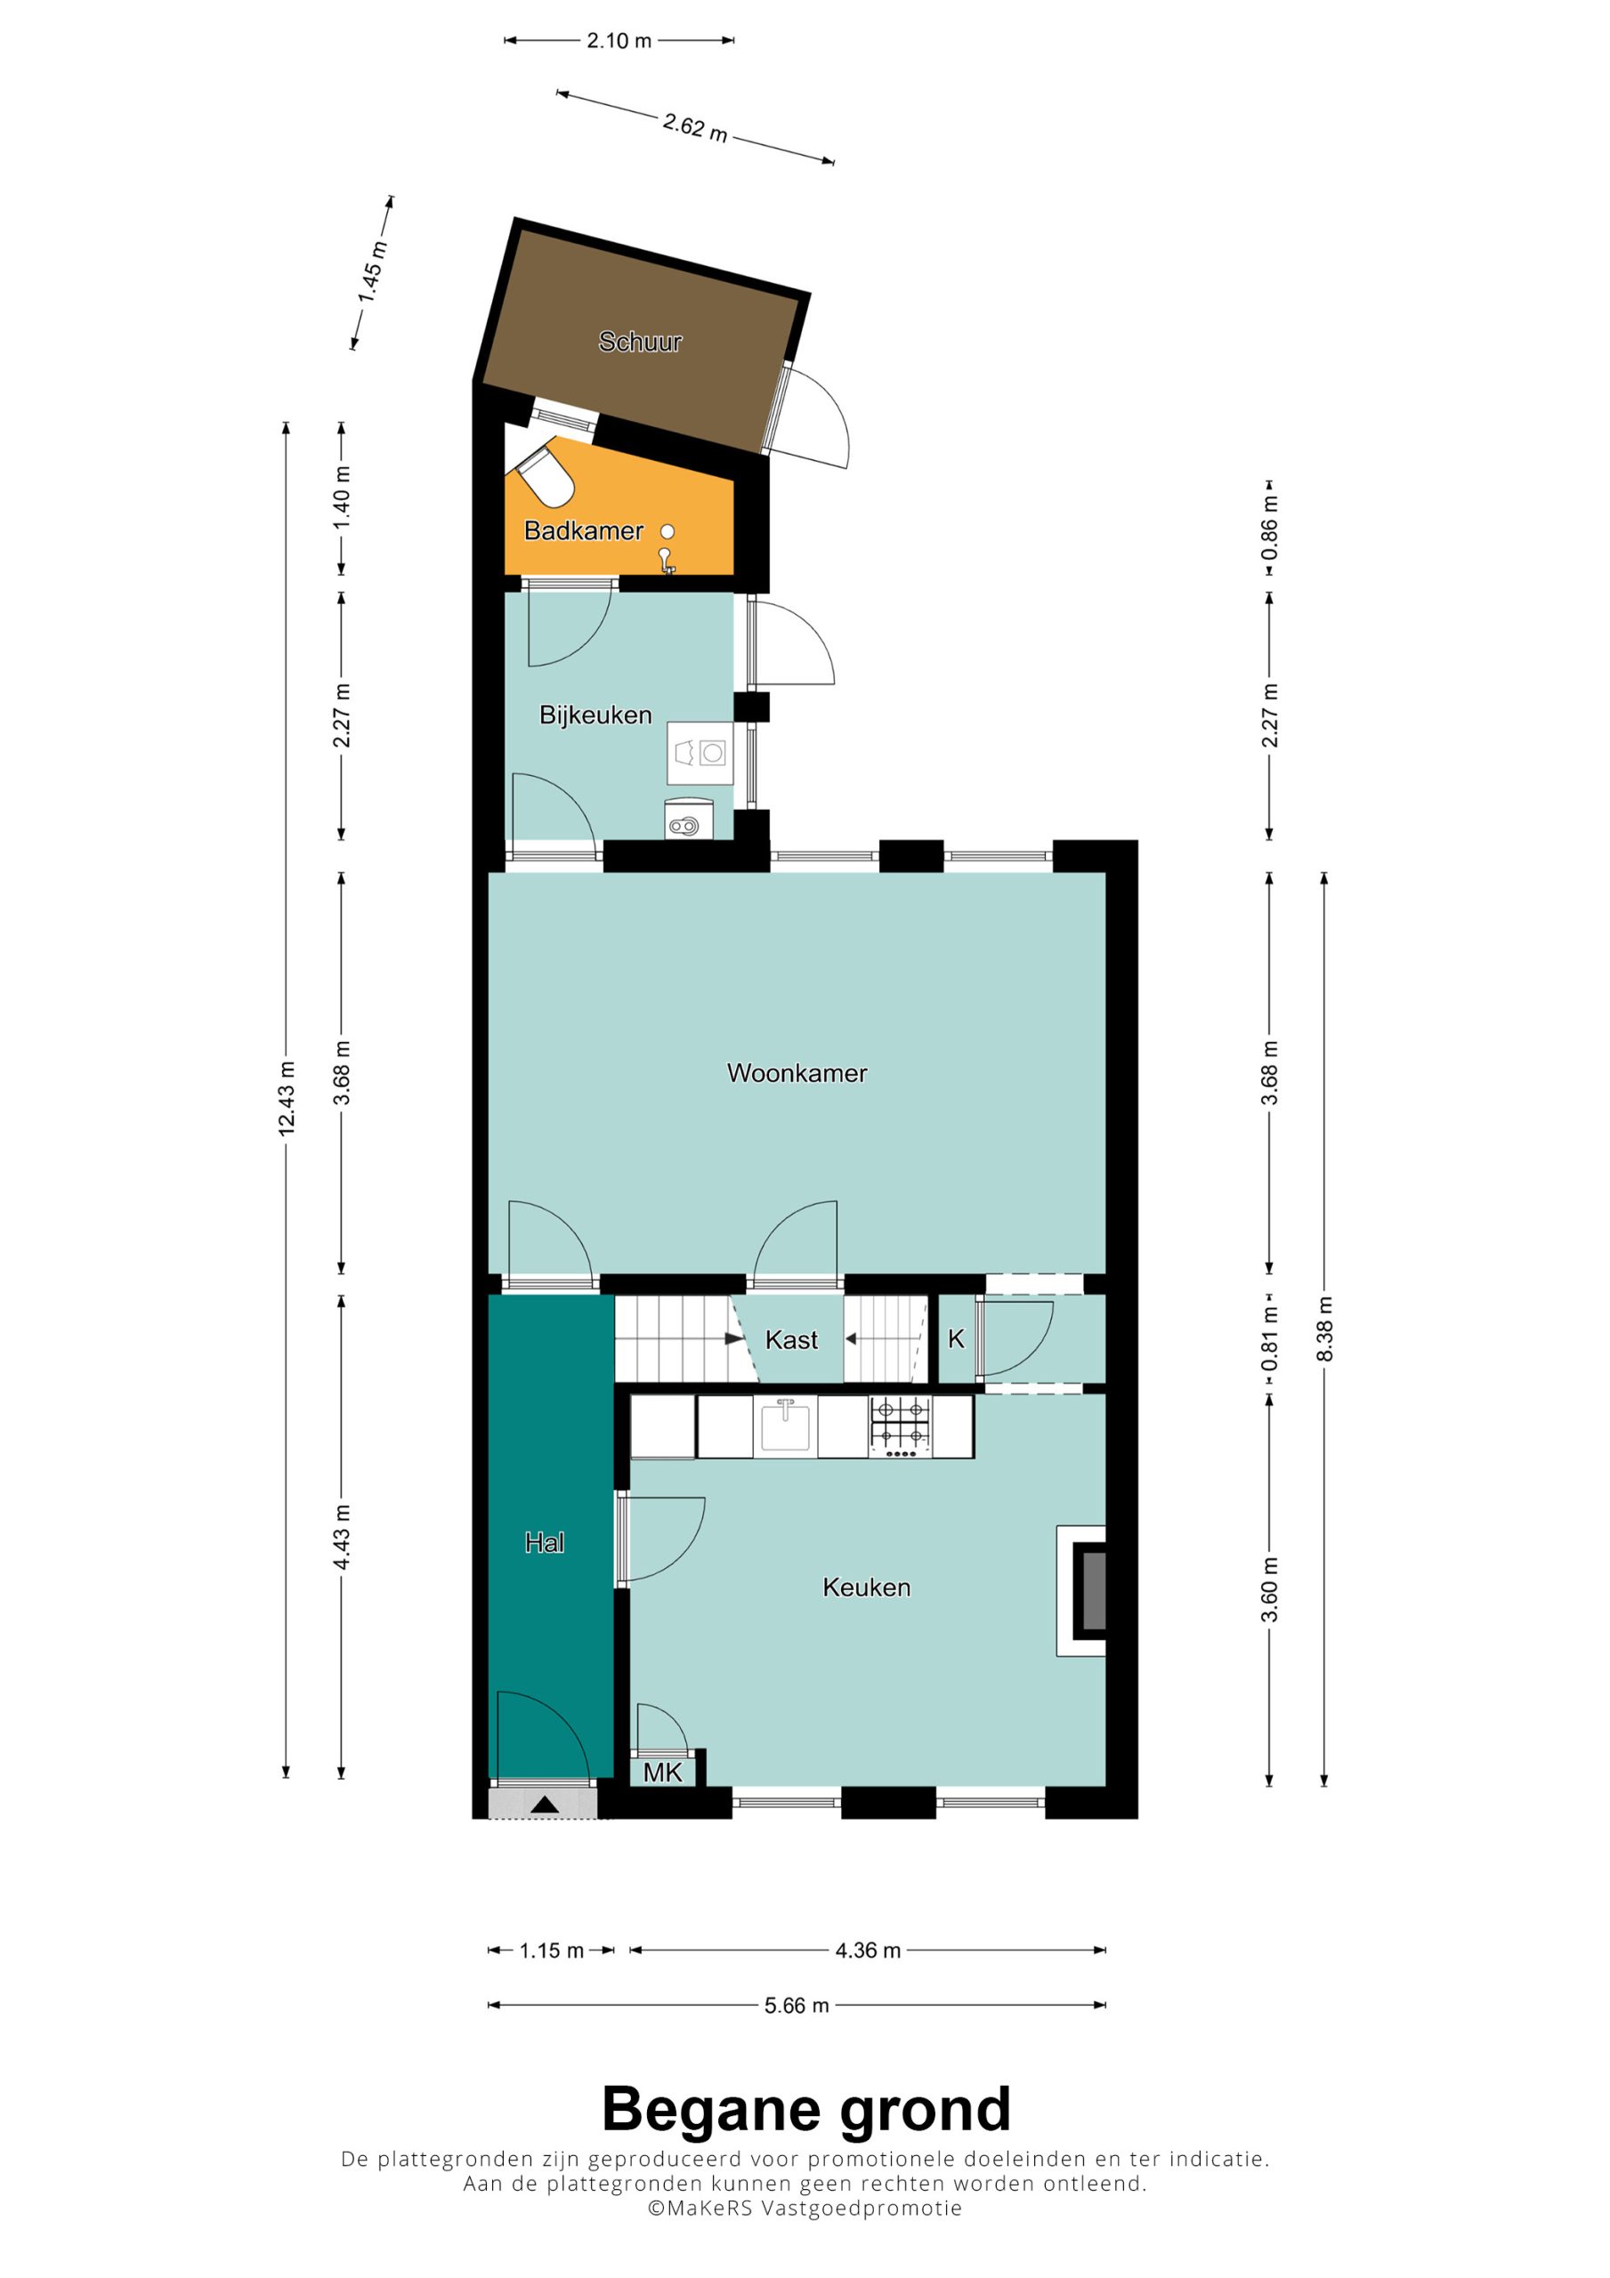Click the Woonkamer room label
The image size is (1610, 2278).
[x=797, y=1072]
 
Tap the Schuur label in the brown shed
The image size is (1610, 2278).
[x=640, y=342]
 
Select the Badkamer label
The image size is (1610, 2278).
[x=584, y=531]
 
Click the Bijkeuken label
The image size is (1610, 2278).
[x=595, y=715]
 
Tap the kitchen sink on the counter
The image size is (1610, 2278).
[x=785, y=1425]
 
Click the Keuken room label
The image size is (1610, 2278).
[x=867, y=1587]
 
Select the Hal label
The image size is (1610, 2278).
[x=544, y=1542]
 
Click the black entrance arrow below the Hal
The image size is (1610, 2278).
[x=545, y=1805]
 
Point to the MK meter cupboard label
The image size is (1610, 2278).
[x=662, y=1772]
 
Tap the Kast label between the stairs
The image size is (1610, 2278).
[x=791, y=1339]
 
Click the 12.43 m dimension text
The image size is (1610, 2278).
[x=286, y=1097]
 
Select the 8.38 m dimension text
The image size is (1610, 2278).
[x=1324, y=1329]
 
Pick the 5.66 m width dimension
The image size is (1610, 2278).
[x=796, y=2005]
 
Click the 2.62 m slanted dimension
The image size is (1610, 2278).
[x=695, y=127]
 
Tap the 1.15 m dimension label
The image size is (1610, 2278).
[x=552, y=1951]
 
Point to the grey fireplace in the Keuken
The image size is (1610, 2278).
[x=1093, y=1591]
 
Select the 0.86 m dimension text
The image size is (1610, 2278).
[x=1268, y=526]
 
